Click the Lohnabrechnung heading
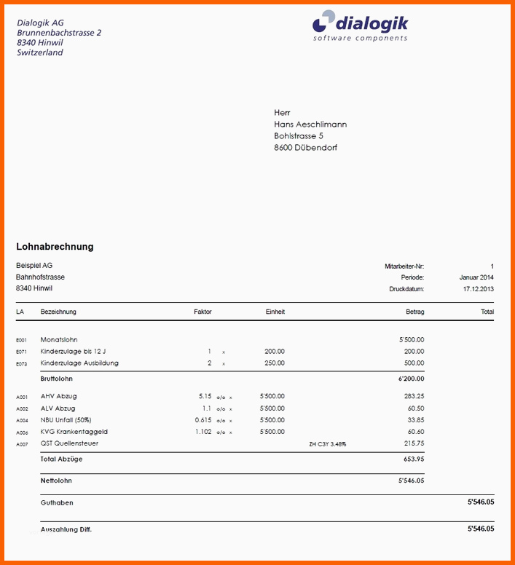[x=55, y=247]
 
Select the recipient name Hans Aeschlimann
[x=310, y=125]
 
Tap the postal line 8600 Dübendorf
[x=305, y=148]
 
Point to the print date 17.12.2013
[x=478, y=289]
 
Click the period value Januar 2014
[x=476, y=277]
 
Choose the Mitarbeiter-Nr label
[x=404, y=266]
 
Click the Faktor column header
[x=203, y=312]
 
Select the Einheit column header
[x=275, y=312]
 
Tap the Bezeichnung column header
[x=58, y=312]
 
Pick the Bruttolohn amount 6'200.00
[x=411, y=379]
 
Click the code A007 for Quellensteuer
[x=22, y=444]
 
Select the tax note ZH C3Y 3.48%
[x=327, y=443]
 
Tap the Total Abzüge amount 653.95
[x=413, y=459]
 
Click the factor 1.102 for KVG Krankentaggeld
[x=203, y=432]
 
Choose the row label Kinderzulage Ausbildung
[x=79, y=363]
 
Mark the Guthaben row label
[x=57, y=502]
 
